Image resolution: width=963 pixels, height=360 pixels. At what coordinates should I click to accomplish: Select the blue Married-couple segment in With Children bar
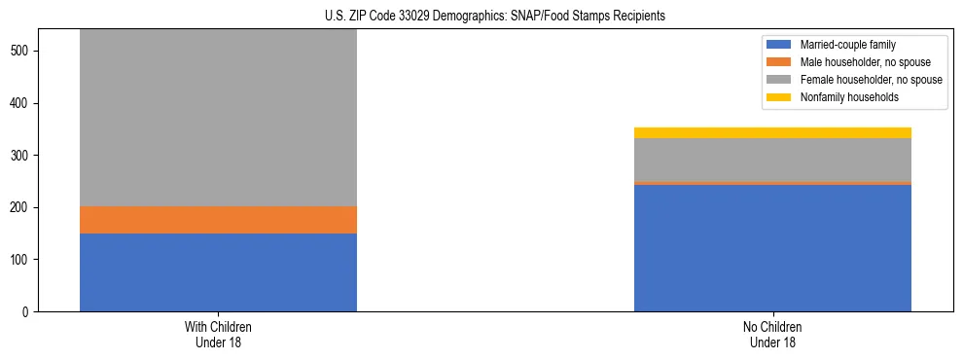point(218,272)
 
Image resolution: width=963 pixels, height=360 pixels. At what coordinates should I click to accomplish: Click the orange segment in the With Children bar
point(218,220)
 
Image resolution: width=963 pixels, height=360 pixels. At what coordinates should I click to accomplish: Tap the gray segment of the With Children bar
point(218,117)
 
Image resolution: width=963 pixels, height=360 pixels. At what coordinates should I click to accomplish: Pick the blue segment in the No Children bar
point(772,248)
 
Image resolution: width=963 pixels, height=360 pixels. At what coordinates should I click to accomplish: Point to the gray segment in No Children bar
point(772,160)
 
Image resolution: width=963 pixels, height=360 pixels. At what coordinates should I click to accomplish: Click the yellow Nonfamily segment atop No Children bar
point(772,132)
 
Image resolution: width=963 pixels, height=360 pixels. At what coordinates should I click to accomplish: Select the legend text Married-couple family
point(847,45)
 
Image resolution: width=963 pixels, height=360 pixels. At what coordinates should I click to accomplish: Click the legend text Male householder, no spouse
point(865,62)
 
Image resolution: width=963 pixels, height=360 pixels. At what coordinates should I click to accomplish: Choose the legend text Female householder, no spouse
point(871,80)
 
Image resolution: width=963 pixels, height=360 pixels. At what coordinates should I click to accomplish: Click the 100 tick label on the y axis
point(23,260)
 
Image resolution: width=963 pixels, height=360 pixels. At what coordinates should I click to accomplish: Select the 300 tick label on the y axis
point(23,156)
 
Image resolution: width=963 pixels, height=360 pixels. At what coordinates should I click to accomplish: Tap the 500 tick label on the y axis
point(23,51)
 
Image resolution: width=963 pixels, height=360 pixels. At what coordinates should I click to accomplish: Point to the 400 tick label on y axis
point(23,103)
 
